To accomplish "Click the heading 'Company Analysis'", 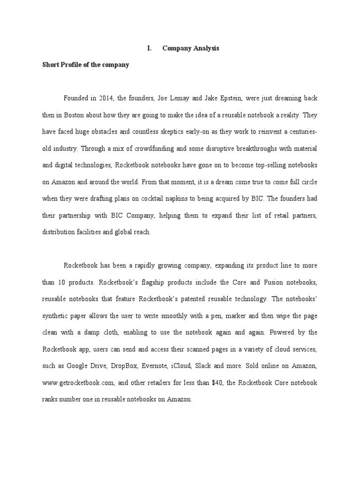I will point(191,48).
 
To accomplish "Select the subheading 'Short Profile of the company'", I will point(85,65).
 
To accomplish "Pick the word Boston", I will point(72,115).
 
